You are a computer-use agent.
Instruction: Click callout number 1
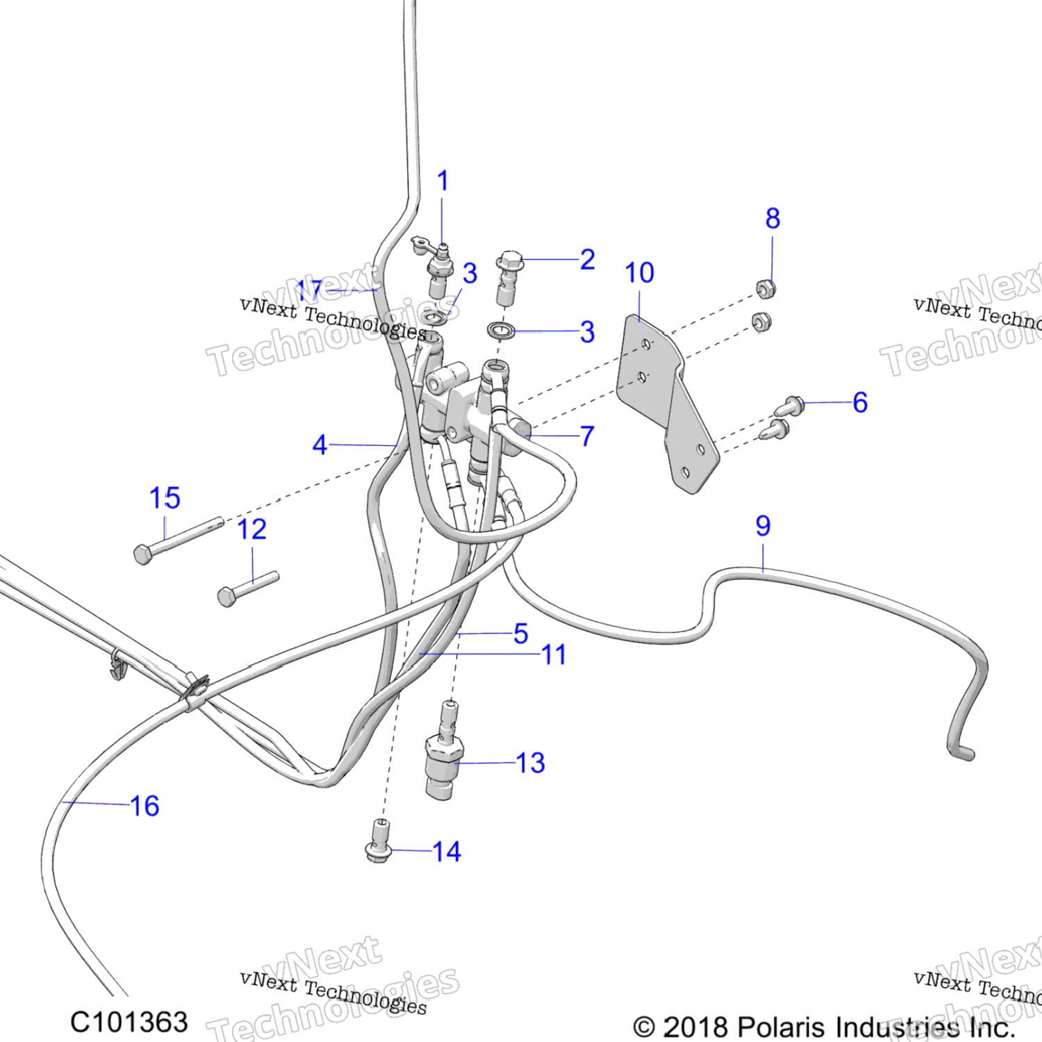pyautogui.click(x=443, y=181)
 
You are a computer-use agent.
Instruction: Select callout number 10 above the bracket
pyautogui.click(x=639, y=273)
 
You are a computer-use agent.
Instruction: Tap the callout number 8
pyautogui.click(x=772, y=219)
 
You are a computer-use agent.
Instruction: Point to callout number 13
pyautogui.click(x=531, y=763)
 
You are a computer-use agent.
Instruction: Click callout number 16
pyautogui.click(x=144, y=807)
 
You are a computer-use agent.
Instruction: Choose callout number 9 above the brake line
pyautogui.click(x=763, y=526)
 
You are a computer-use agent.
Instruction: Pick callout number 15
pyautogui.click(x=165, y=498)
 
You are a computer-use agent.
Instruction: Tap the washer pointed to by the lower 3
pyautogui.click(x=501, y=329)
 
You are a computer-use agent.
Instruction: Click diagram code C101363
pyautogui.click(x=129, y=1023)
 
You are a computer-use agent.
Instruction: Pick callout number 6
pyautogui.click(x=860, y=402)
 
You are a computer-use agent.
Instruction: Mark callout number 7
pyautogui.click(x=587, y=436)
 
